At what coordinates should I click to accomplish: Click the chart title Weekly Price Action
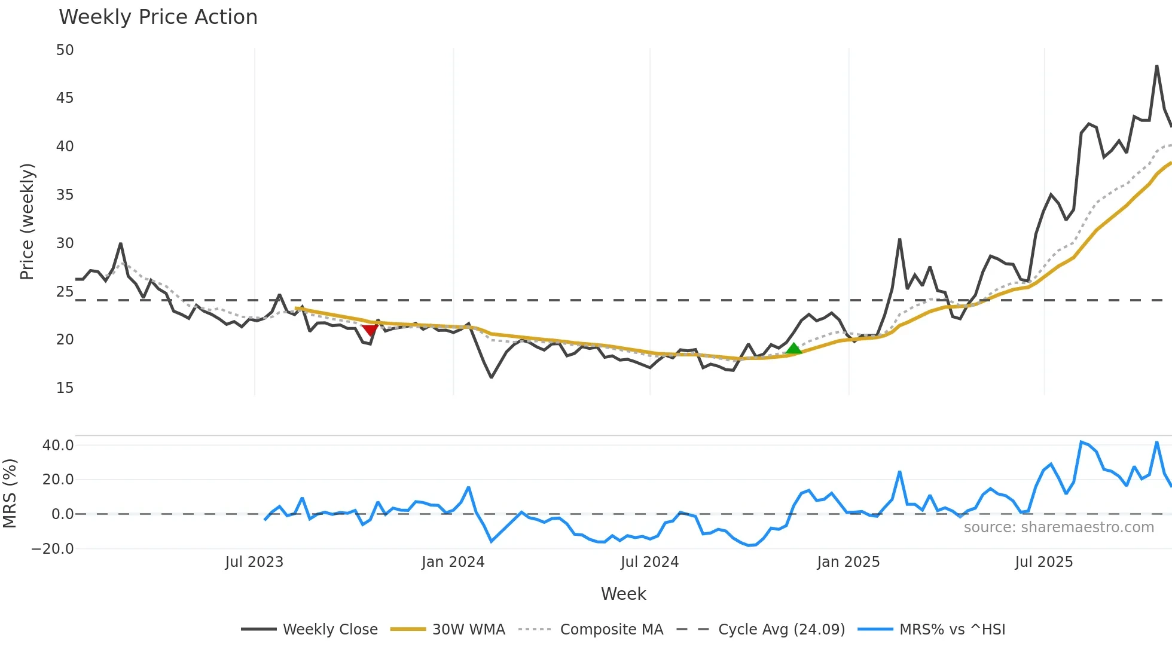click(158, 17)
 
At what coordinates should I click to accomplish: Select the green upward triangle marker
click(793, 349)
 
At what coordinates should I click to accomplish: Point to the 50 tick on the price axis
click(65, 50)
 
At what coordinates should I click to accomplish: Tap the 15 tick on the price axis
click(65, 388)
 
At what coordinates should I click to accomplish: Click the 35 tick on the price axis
click(65, 195)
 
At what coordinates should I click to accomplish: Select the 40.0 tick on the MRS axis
click(58, 446)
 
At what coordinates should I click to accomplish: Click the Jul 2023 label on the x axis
click(254, 562)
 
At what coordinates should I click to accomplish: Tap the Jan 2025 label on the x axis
click(848, 562)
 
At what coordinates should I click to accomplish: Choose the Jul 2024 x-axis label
click(649, 562)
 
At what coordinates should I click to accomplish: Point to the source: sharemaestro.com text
click(1058, 527)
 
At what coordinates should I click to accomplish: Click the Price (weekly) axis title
click(27, 221)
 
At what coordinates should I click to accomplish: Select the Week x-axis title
click(623, 594)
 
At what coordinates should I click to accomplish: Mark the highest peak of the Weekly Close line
click(1157, 66)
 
